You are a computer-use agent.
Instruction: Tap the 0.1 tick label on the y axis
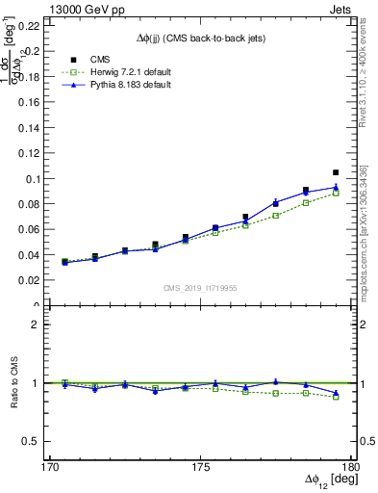[x=37, y=179]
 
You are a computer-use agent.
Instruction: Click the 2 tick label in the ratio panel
[x=42, y=324]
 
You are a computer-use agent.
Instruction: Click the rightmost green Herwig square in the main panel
[x=336, y=194]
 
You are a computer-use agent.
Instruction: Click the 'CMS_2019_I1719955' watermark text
[x=200, y=287]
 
